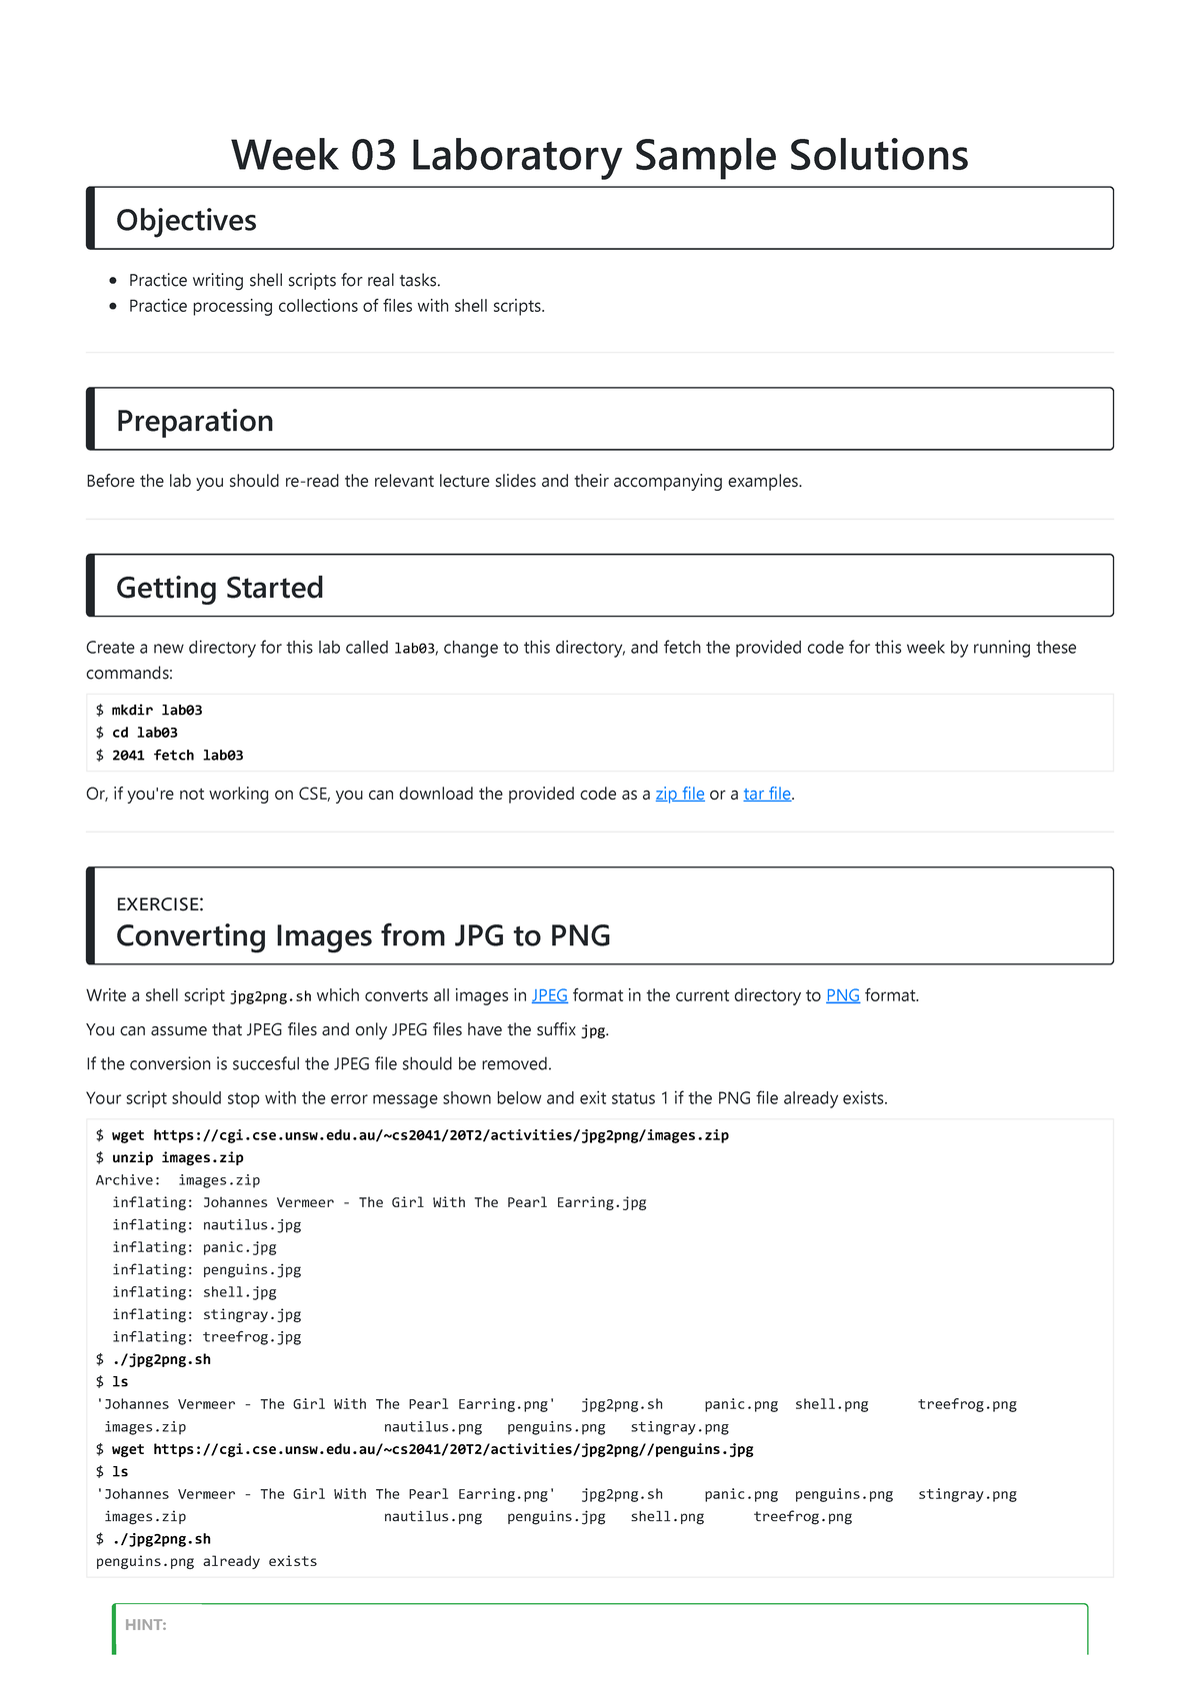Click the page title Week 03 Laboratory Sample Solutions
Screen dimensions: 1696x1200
[599, 156]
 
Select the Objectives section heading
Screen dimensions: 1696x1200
[186, 220]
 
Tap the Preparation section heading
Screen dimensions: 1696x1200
[195, 421]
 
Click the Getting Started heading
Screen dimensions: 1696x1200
[220, 588]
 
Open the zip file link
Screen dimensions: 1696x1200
[680, 794]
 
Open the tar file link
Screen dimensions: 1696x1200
[767, 794]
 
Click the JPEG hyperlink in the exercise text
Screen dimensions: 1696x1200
[549, 995]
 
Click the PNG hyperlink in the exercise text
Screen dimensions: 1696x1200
[842, 995]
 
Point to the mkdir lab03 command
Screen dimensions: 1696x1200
[157, 711]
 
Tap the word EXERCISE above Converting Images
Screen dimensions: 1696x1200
[159, 904]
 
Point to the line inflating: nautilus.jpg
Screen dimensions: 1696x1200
[206, 1225]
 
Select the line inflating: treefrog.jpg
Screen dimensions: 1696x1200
[206, 1337]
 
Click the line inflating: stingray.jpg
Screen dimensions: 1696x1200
[206, 1315]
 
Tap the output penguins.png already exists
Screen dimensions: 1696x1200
[206, 1561]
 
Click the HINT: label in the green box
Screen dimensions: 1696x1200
[146, 1625]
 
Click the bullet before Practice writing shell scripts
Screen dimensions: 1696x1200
[113, 281]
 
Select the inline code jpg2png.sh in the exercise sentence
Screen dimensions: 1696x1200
[270, 996]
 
